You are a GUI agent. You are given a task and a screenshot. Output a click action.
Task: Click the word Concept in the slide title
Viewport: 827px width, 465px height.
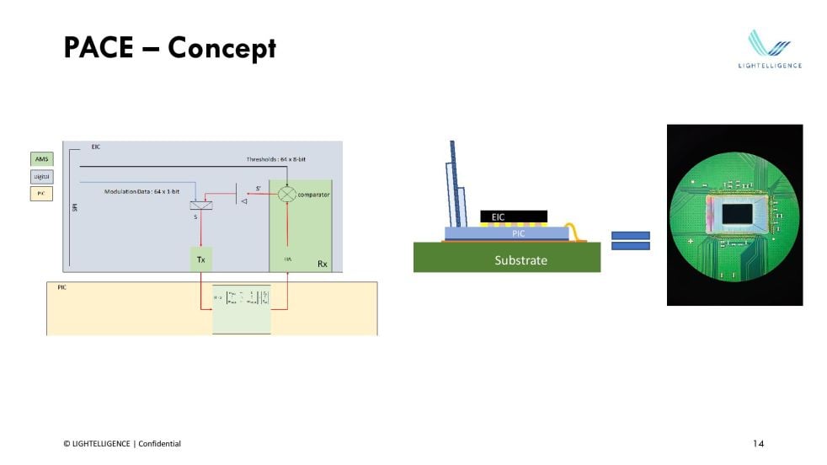click(x=221, y=48)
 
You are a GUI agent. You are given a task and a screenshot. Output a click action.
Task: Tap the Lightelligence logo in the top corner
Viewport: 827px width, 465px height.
click(x=770, y=49)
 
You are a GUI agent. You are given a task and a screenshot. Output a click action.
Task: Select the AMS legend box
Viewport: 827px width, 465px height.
click(x=41, y=158)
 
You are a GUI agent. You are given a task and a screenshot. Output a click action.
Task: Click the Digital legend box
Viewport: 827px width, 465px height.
click(x=41, y=176)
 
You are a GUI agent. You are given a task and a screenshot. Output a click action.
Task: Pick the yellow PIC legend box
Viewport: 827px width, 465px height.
click(x=41, y=194)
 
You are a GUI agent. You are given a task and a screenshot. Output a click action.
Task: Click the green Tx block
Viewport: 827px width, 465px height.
click(x=200, y=259)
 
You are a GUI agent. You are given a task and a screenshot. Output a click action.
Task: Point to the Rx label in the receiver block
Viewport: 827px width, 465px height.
click(x=322, y=264)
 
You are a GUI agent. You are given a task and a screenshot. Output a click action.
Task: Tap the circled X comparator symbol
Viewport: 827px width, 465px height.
click(x=286, y=194)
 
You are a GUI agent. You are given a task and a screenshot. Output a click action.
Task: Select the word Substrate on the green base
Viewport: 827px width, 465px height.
click(x=520, y=260)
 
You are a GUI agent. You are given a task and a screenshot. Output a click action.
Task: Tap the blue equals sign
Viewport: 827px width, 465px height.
click(x=631, y=241)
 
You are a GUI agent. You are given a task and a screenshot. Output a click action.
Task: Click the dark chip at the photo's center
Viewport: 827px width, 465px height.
click(x=737, y=215)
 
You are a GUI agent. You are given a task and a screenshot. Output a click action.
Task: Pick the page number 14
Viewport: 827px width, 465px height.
click(x=758, y=443)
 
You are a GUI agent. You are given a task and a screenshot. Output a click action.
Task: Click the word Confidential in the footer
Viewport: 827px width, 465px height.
click(x=159, y=444)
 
